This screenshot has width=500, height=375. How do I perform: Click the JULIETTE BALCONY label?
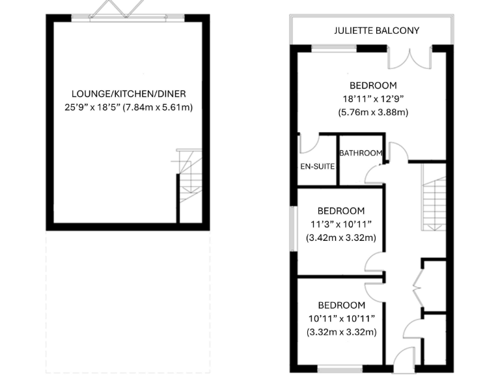point(376,31)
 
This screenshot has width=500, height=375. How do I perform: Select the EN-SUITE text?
point(317,167)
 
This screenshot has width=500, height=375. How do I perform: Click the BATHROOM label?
point(360,154)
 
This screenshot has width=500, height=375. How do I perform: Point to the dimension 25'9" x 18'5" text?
point(127,107)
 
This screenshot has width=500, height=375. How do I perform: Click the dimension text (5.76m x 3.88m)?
point(372,113)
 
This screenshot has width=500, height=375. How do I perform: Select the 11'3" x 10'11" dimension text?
point(340,225)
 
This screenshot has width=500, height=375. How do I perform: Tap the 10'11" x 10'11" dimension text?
point(340,319)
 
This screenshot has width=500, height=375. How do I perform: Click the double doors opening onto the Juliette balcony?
point(410,57)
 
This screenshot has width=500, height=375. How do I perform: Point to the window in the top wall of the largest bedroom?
point(333,48)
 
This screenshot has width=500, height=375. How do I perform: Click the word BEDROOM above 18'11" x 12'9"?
point(372,85)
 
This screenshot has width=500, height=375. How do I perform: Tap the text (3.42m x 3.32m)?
point(340,238)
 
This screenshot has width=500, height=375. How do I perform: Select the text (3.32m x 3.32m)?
point(340,333)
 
